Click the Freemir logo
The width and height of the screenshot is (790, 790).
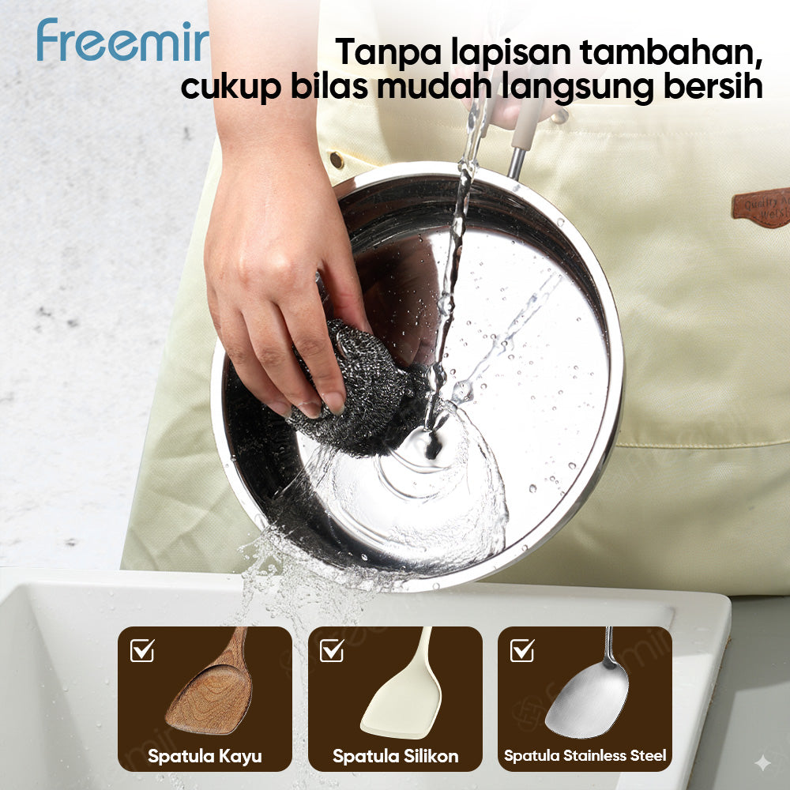tap(122, 41)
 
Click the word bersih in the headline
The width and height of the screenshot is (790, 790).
tap(713, 87)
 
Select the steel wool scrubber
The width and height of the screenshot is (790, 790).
tap(355, 391)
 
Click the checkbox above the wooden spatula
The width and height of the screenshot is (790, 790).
tap(142, 650)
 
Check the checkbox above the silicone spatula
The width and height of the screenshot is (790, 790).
tap(332, 650)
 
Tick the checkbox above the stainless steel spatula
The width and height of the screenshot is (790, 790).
tap(521, 650)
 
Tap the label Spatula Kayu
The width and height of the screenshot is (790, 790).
tap(205, 756)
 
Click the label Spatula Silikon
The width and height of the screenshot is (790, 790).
tap(395, 756)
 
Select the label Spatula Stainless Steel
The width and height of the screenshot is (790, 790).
tap(585, 756)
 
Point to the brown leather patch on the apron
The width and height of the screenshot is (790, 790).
tap(761, 207)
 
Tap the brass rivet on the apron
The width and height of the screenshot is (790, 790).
tap(337, 160)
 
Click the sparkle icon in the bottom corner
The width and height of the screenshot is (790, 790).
tap(762, 762)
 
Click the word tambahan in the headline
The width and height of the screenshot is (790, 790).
tap(672, 52)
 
